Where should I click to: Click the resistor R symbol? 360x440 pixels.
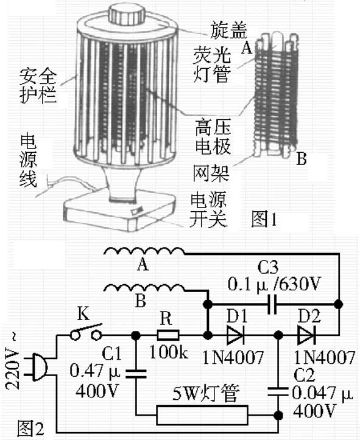pos(168,335)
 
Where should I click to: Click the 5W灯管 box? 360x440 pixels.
pos(202,416)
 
